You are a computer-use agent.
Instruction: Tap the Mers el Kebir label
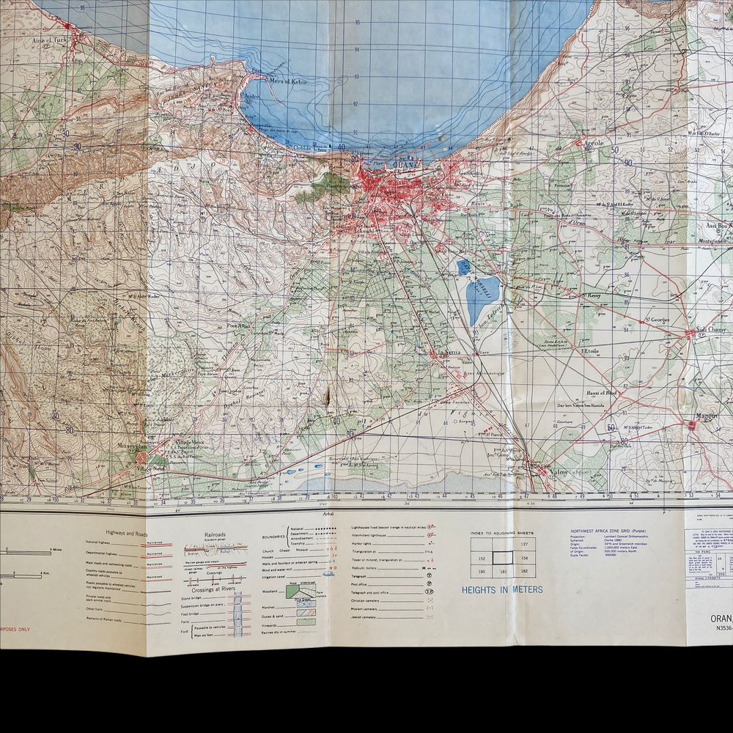[288, 81]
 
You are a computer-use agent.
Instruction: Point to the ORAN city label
[404, 166]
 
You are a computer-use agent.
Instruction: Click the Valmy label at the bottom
[557, 472]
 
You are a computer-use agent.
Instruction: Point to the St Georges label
[655, 320]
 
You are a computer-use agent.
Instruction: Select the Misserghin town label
[133, 445]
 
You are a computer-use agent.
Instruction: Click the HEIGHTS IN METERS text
[502, 589]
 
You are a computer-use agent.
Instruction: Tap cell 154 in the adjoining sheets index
[524, 558]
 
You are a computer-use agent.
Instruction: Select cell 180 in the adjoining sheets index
[482, 571]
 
